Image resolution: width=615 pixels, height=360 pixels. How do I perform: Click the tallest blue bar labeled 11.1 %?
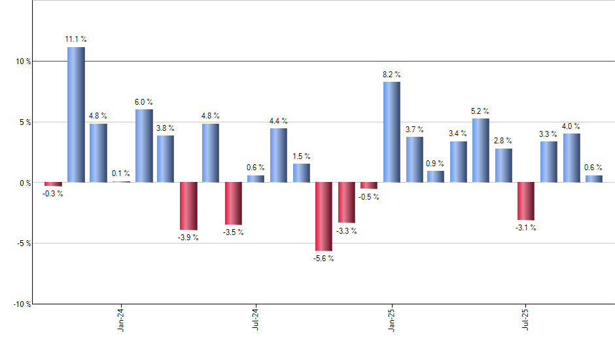pos(76,115)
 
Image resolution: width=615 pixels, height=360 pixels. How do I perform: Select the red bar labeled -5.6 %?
pos(324,217)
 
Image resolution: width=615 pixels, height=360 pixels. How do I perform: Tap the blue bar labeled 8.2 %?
pos(392,132)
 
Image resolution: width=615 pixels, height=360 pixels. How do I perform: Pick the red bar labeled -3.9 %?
pos(188,206)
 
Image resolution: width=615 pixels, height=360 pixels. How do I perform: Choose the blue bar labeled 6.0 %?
pos(144,146)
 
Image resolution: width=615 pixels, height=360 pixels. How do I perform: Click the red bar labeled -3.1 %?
pos(526,202)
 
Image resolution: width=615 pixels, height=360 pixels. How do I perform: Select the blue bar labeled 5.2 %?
pos(481,151)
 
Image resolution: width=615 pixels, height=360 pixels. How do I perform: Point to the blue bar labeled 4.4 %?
pos(279,155)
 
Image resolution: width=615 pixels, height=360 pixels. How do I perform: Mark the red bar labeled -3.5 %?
pos(234,204)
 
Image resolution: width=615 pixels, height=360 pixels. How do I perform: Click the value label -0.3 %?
pos(52,194)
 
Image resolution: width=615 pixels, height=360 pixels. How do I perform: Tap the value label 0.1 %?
pos(121,173)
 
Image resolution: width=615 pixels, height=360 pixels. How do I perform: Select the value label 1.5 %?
pos(302,156)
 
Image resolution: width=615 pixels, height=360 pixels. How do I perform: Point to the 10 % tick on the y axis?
pos(23,62)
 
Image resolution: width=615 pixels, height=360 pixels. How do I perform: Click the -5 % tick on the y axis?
pos(23,243)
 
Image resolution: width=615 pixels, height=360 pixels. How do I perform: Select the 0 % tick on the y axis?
pos(25,183)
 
